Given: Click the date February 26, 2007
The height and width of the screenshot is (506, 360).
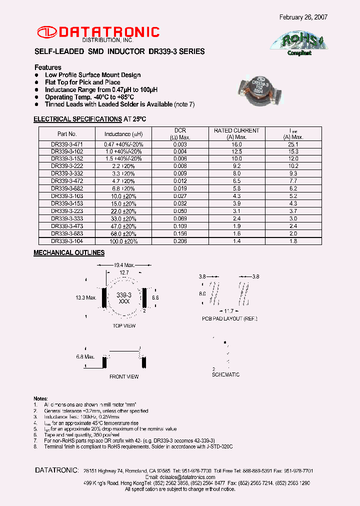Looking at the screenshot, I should [x=303, y=17].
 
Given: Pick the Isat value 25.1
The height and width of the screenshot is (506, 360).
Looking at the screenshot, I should [x=293, y=144].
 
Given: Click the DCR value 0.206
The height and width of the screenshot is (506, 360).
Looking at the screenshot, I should [x=180, y=241].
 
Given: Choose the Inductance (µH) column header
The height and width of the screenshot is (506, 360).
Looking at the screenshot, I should [x=123, y=134].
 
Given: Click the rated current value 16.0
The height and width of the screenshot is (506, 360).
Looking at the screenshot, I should [x=236, y=144].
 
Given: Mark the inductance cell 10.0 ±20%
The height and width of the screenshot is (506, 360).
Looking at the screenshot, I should [x=123, y=196].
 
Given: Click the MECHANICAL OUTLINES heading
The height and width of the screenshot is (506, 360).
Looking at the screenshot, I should [x=69, y=253].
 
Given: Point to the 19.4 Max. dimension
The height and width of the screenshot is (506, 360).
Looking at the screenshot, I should [x=124, y=264].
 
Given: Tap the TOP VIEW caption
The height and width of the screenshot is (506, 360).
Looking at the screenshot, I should [x=123, y=325].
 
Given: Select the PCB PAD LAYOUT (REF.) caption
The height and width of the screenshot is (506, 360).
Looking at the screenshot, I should [x=229, y=318].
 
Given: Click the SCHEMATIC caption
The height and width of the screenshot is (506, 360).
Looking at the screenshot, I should [x=225, y=374].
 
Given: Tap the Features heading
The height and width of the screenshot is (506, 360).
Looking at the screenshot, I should [x=48, y=67].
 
